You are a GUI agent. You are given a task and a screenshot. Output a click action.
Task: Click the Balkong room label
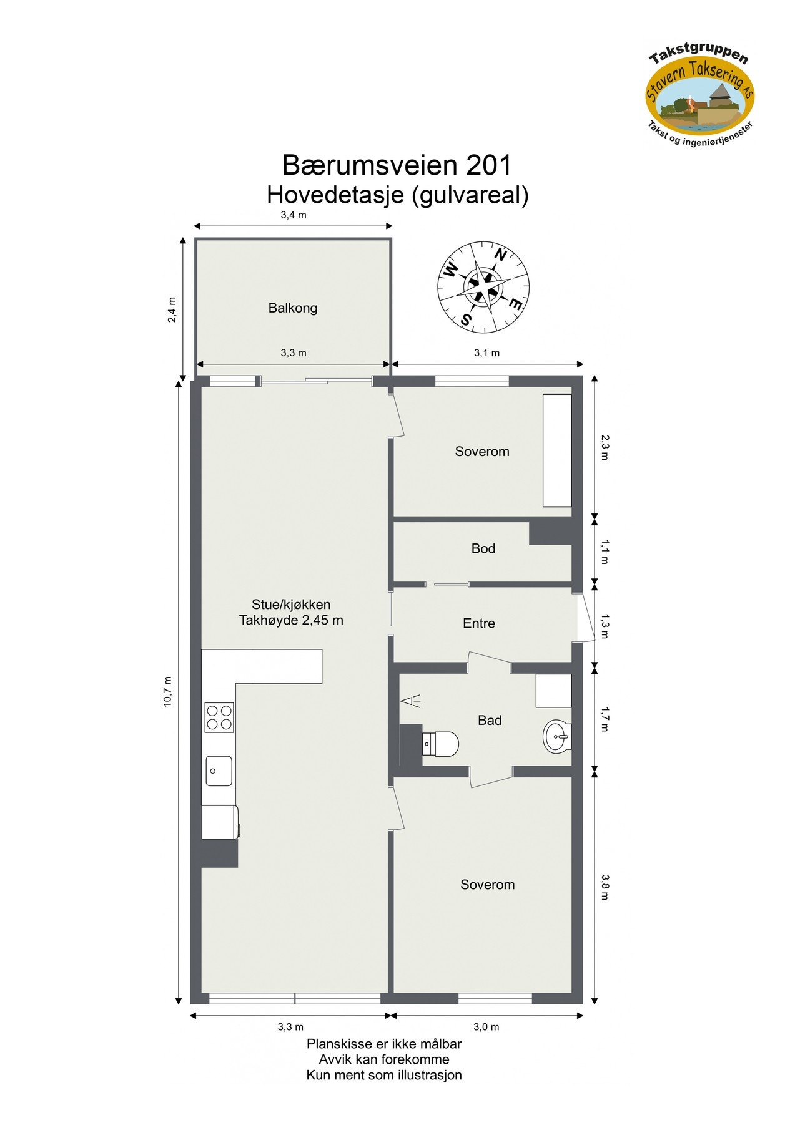(292, 308)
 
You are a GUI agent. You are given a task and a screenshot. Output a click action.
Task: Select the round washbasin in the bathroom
(556, 736)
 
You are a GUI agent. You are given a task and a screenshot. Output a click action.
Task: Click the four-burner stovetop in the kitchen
(219, 717)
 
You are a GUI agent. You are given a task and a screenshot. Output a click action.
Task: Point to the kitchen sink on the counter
(219, 771)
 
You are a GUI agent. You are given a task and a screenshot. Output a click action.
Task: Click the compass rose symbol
(483, 287)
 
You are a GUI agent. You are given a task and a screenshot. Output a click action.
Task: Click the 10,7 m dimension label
(167, 691)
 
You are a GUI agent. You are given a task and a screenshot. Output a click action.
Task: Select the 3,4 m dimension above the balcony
(293, 215)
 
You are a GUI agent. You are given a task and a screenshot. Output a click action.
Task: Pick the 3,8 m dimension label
(605, 887)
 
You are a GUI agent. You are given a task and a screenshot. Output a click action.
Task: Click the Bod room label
(483, 548)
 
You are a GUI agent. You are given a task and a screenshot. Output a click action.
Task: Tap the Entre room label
(478, 623)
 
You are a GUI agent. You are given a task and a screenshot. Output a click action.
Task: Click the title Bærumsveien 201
(397, 165)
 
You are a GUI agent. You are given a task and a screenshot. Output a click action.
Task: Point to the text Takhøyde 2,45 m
(291, 620)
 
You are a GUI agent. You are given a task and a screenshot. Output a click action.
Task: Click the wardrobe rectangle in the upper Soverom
(556, 450)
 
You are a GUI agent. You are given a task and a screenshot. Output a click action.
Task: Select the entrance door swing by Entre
(585, 616)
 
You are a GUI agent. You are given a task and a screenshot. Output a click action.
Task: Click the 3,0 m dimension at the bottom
(486, 1027)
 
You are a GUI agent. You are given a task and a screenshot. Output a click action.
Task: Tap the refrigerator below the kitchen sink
(220, 822)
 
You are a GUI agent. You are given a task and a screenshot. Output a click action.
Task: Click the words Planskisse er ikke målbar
(383, 1044)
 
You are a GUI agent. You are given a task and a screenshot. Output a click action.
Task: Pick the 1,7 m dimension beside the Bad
(605, 719)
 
